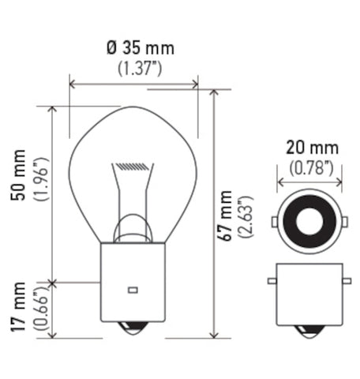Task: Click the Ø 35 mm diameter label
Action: (141, 48)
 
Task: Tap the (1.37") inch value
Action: (140, 68)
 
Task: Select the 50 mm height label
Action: (18, 175)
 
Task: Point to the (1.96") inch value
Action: (40, 179)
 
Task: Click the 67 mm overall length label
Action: (224, 216)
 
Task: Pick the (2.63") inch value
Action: (246, 217)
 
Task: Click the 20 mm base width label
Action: (312, 148)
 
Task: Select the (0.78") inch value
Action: (311, 167)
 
